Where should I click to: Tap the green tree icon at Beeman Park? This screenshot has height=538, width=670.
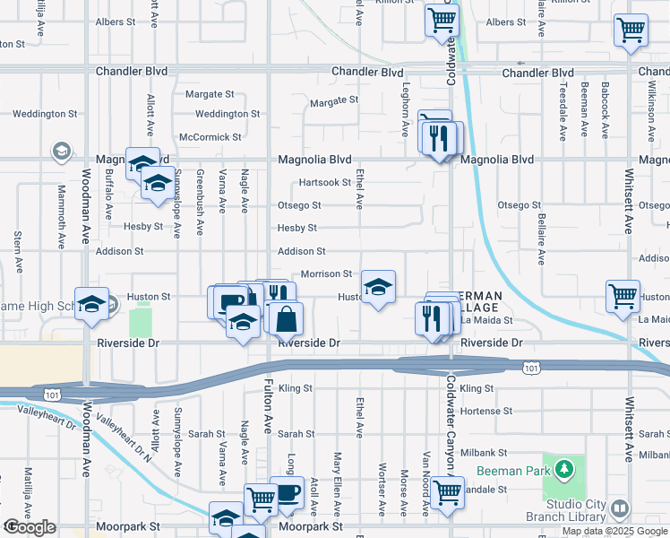click(564, 469)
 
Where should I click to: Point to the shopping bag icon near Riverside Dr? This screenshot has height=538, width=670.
click(285, 318)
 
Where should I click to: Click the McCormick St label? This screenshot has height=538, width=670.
click(210, 137)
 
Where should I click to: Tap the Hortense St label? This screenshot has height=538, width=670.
click(484, 411)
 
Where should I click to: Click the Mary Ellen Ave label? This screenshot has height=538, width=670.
click(338, 495)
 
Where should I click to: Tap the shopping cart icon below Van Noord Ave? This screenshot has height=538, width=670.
click(446, 490)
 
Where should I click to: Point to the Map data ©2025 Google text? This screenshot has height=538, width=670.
click(615, 531)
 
